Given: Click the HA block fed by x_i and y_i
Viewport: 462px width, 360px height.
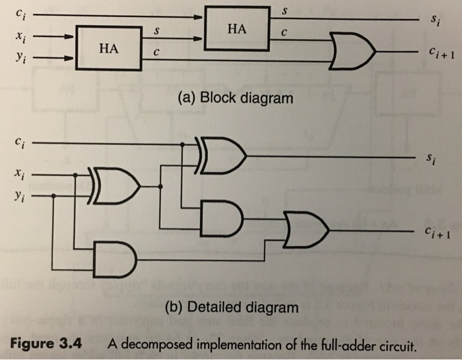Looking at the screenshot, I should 110,47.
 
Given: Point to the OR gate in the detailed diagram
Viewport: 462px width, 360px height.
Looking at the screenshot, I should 307,227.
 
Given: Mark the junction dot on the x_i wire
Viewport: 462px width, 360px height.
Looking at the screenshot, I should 76,175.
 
